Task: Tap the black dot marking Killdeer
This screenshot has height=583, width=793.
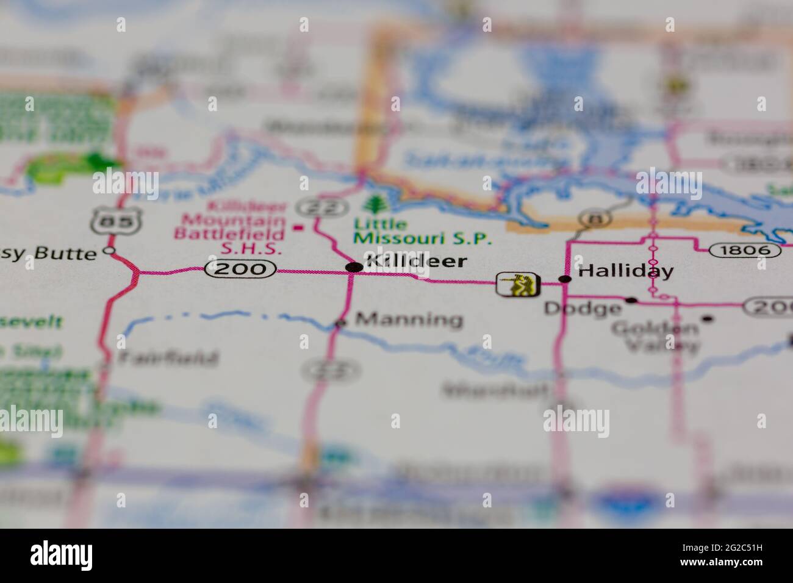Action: pos(353,267)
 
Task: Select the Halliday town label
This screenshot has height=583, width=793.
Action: pos(625,271)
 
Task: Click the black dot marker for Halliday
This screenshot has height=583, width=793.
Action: pos(565,279)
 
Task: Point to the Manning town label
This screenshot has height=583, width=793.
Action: pos(409,320)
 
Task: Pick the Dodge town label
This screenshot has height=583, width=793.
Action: pos(582,309)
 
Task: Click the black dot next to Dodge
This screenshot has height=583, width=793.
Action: pos(631,300)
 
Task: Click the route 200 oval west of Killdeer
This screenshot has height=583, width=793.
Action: pos(240,268)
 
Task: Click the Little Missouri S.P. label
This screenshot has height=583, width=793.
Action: pos(422,231)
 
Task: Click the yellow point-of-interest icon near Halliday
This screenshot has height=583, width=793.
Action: pos(518,284)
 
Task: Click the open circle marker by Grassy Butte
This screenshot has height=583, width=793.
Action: pos(110,251)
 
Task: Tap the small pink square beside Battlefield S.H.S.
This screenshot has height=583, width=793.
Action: pos(298,228)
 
